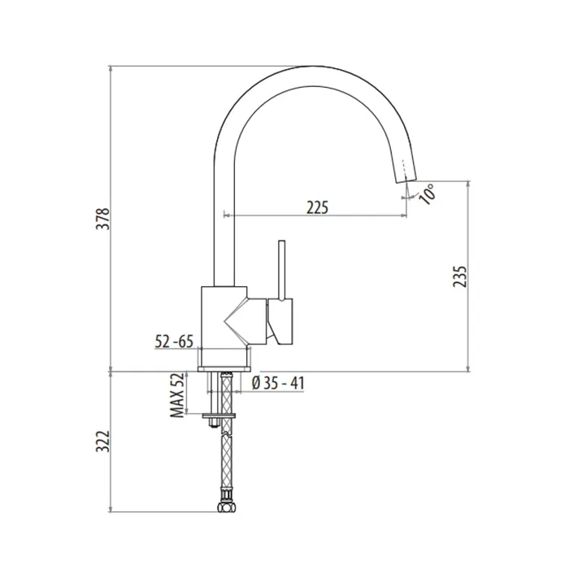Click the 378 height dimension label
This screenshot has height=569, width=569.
tap(102, 218)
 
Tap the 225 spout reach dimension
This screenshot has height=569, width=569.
tap(317, 207)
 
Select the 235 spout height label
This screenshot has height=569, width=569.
tap(459, 276)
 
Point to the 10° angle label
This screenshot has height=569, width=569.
tap(427, 193)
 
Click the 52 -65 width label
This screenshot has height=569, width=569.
tap(174, 341)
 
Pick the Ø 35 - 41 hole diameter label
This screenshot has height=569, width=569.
tap(278, 383)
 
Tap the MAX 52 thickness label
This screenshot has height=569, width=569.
tap(177, 396)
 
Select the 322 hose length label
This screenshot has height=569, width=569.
tap(102, 441)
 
